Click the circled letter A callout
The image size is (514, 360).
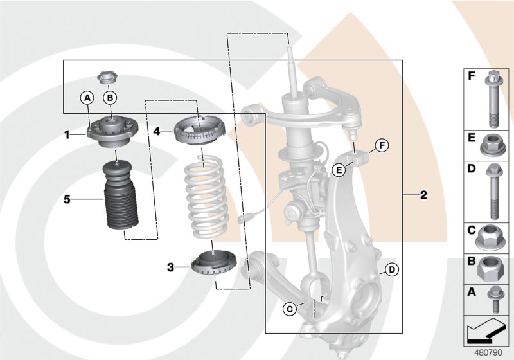click(87, 97)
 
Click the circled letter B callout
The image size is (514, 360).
click(111, 97)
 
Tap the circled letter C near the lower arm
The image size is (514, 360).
click(289, 309)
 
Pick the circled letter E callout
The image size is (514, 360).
click(339, 170)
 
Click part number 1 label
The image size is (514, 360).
click(66, 134)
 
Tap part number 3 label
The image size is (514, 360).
click(171, 266)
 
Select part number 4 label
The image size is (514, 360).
click(157, 130)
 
